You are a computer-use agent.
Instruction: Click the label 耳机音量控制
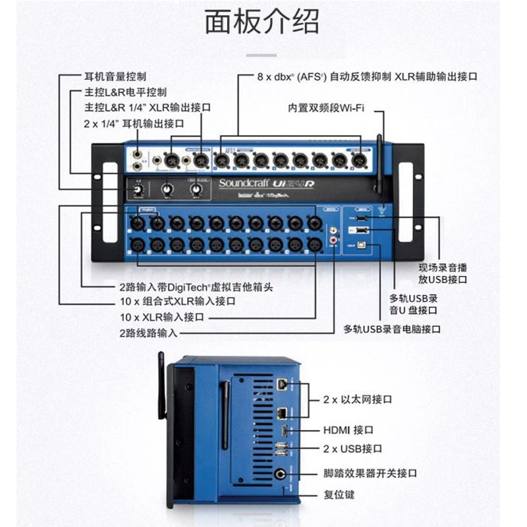[x=115, y=76]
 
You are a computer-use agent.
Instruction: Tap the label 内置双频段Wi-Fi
[x=325, y=108]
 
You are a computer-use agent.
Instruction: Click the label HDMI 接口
[x=348, y=430]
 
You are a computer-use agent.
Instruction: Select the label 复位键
[x=340, y=493]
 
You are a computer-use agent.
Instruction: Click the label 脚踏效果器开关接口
[x=370, y=473]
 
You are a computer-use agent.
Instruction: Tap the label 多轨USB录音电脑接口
[x=392, y=328]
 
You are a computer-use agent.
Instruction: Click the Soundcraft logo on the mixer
[x=244, y=184]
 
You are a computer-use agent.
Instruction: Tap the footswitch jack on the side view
[x=282, y=473]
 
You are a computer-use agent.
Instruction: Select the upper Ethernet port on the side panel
[x=281, y=383]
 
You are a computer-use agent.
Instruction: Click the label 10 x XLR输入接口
[x=162, y=317]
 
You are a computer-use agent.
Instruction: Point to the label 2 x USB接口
[x=352, y=449]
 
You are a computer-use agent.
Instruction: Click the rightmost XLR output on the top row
[x=358, y=159]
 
